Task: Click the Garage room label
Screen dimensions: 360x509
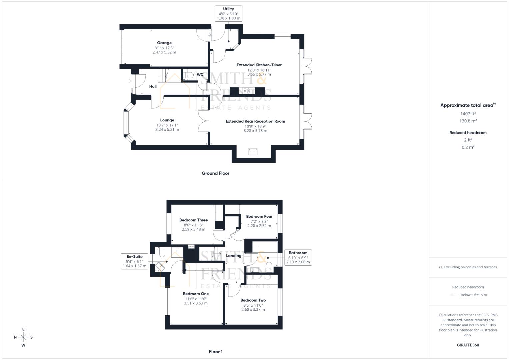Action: click(164, 43)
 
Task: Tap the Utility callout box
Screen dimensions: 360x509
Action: click(228, 14)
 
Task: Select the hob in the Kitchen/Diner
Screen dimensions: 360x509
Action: click(247, 91)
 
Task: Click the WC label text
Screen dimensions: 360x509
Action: click(200, 74)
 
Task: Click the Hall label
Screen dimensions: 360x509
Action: click(153, 86)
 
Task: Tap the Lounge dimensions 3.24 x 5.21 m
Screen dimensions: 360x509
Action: click(167, 129)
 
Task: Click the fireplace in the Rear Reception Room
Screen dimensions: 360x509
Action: click(253, 152)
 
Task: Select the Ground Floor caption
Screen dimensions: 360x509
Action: click(215, 173)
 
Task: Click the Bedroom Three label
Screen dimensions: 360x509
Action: click(193, 220)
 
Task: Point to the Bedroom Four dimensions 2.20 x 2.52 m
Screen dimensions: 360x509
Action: click(259, 226)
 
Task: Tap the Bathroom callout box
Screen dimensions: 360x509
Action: click(298, 257)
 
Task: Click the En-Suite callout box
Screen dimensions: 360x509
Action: click(134, 261)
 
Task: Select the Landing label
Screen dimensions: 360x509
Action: click(234, 256)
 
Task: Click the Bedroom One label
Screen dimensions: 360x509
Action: click(196, 294)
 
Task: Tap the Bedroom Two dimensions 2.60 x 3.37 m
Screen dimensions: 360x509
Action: click(253, 309)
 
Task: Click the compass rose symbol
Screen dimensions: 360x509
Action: click(23, 337)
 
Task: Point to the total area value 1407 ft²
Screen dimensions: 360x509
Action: click(468, 114)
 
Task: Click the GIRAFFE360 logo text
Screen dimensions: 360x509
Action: click(468, 345)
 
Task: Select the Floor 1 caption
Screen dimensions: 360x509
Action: click(215, 352)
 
